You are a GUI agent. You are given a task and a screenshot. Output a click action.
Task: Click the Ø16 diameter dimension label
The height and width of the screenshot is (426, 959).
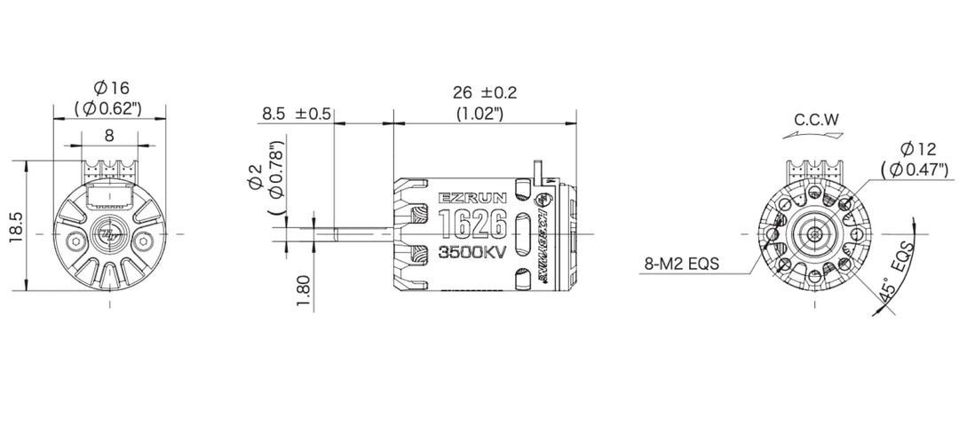pyautogui.click(x=110, y=88)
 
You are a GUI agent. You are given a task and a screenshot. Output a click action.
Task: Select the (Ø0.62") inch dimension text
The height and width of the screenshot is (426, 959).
pyautogui.click(x=110, y=109)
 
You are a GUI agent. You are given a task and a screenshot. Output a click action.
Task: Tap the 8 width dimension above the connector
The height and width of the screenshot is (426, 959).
pyautogui.click(x=109, y=136)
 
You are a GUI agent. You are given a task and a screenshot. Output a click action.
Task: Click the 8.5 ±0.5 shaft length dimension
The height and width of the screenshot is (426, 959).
pyautogui.click(x=297, y=114)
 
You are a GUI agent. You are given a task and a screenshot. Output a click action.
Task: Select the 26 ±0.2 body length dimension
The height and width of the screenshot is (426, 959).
pyautogui.click(x=484, y=92)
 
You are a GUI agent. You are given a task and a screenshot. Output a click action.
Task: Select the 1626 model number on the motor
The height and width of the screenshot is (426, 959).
pyautogui.click(x=472, y=222)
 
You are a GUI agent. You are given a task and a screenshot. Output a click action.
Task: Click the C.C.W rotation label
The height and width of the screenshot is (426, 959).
pyautogui.click(x=817, y=119)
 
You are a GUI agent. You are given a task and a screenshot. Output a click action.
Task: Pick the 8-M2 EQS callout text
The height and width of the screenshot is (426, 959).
pyautogui.click(x=682, y=264)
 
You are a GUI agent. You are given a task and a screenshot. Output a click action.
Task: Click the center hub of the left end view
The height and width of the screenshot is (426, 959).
pyautogui.click(x=110, y=233)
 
